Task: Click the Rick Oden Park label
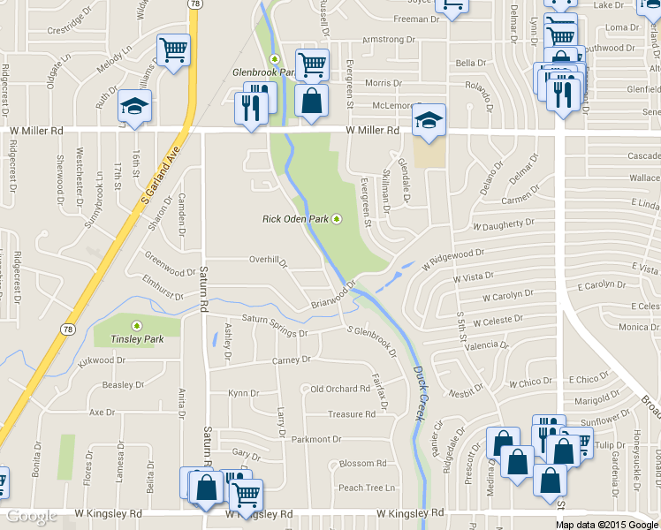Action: tap(295, 219)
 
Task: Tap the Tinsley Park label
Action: tap(130, 339)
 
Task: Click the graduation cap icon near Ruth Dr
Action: tap(135, 107)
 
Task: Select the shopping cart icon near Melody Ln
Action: tap(174, 50)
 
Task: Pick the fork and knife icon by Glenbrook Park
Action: tap(252, 108)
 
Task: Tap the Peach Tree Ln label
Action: tap(366, 488)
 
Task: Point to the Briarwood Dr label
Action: tap(333, 297)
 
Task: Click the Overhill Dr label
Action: tap(268, 260)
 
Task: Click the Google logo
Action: tap(33, 516)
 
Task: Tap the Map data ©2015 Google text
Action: tap(606, 525)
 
